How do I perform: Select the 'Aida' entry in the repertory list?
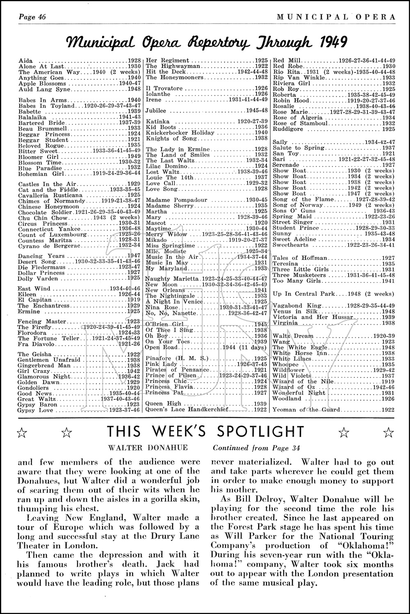(26, 61)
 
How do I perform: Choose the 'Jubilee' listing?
(156, 111)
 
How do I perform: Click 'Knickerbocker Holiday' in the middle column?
(180, 133)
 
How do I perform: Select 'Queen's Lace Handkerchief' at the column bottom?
(183, 409)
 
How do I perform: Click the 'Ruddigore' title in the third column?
(288, 129)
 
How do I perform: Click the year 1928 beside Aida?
(134, 61)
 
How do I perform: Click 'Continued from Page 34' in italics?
(256, 448)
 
